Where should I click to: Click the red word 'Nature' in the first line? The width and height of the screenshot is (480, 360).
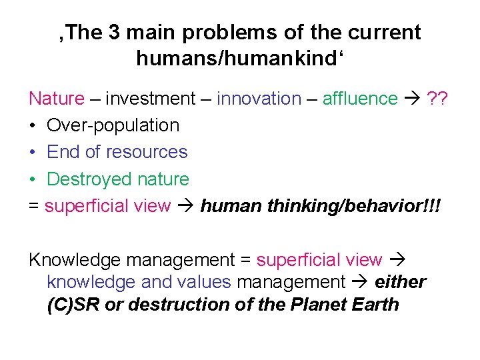click(57, 99)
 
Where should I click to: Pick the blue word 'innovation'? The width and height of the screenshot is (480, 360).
click(259, 99)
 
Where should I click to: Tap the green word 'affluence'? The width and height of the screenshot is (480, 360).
click(360, 99)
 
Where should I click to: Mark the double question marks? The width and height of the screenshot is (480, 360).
click(437, 99)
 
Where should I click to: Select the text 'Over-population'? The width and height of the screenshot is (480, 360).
click(113, 125)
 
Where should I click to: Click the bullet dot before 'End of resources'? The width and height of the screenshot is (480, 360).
click(33, 153)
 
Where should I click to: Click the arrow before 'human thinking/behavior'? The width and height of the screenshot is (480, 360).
click(185, 206)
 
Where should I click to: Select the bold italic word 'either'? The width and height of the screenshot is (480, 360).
click(401, 282)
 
